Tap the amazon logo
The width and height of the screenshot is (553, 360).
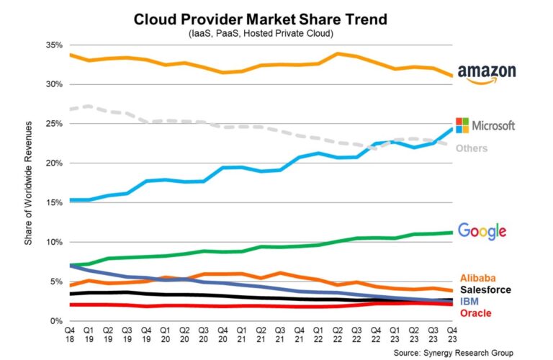(x=487, y=75)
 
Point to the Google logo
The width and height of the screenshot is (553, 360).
(x=482, y=230)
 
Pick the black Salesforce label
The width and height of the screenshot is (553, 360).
(x=485, y=289)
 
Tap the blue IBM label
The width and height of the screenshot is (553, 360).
(x=469, y=301)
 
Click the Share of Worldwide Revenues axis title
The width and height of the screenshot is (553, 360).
(x=28, y=184)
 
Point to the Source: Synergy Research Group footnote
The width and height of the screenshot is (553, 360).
(x=454, y=352)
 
